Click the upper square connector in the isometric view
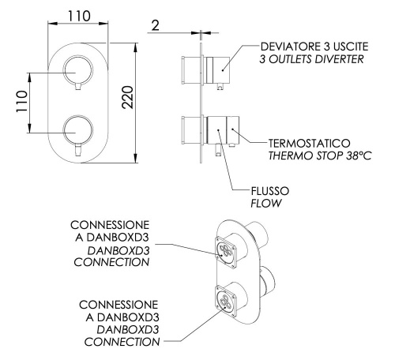tap(227, 251)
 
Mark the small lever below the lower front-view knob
tap(77, 148)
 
